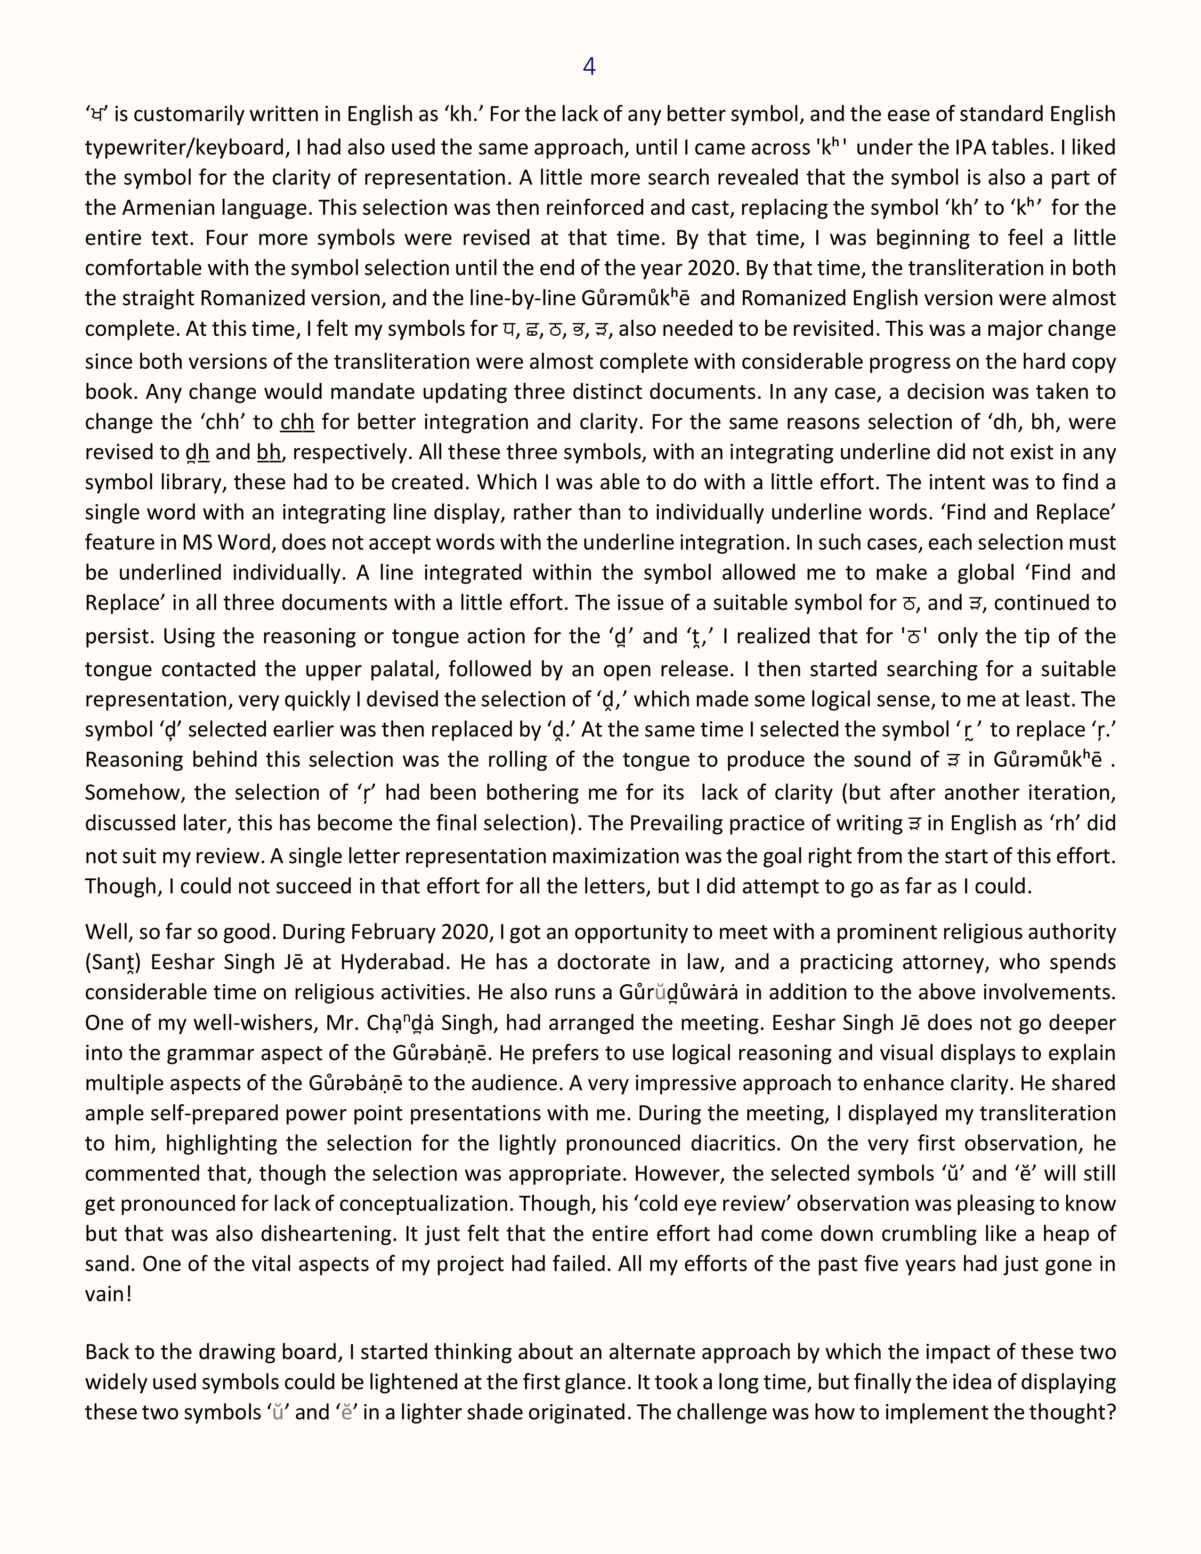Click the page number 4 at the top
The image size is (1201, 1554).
(589, 66)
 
